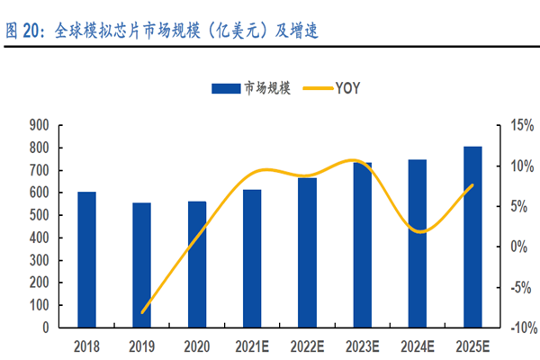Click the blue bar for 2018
[86, 260]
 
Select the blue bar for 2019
[142, 265]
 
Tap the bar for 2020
[197, 265]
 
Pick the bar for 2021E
[252, 259]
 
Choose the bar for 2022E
[307, 253]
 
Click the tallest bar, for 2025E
[472, 238]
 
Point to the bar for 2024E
[418, 244]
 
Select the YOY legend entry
[334, 88]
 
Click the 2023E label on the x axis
[362, 346]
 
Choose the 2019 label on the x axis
[142, 346]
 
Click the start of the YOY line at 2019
[142, 312]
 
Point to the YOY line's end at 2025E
[472, 185]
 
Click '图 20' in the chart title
[22, 31]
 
